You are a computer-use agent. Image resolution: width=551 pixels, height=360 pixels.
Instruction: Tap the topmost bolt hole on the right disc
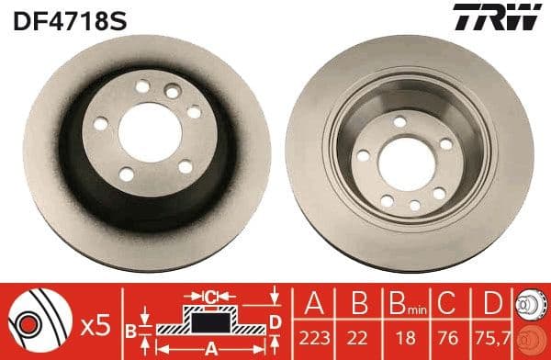point(400,119)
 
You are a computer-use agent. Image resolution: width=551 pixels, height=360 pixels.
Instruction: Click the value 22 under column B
point(354,334)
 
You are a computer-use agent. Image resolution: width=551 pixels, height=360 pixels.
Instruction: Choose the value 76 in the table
point(446,334)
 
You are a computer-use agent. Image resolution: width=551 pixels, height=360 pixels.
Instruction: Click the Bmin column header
point(400,302)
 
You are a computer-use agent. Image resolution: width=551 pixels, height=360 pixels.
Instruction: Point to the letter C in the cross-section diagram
point(211,296)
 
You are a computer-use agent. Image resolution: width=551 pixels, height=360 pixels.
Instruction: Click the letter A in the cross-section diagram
point(211,348)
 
